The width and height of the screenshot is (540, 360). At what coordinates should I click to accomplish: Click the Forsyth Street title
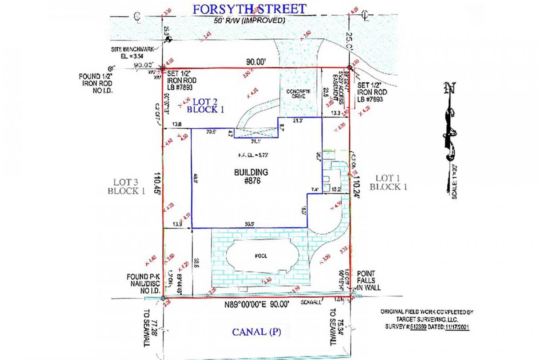(x=249, y=9)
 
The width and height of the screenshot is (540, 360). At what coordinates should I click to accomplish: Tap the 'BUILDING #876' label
(x=251, y=176)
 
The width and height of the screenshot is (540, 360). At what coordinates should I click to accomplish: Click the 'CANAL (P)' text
(x=256, y=332)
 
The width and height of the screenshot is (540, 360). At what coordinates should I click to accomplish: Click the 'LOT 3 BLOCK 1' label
(x=126, y=186)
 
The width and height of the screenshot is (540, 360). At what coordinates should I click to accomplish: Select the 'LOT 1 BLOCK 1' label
(x=388, y=182)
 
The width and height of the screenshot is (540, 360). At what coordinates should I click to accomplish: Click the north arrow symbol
(x=450, y=120)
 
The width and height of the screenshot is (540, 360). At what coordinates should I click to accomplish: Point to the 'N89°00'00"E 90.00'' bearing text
(x=256, y=304)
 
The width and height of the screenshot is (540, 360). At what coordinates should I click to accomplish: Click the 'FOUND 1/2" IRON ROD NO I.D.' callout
(x=96, y=83)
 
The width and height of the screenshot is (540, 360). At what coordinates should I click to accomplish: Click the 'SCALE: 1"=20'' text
(x=454, y=183)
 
